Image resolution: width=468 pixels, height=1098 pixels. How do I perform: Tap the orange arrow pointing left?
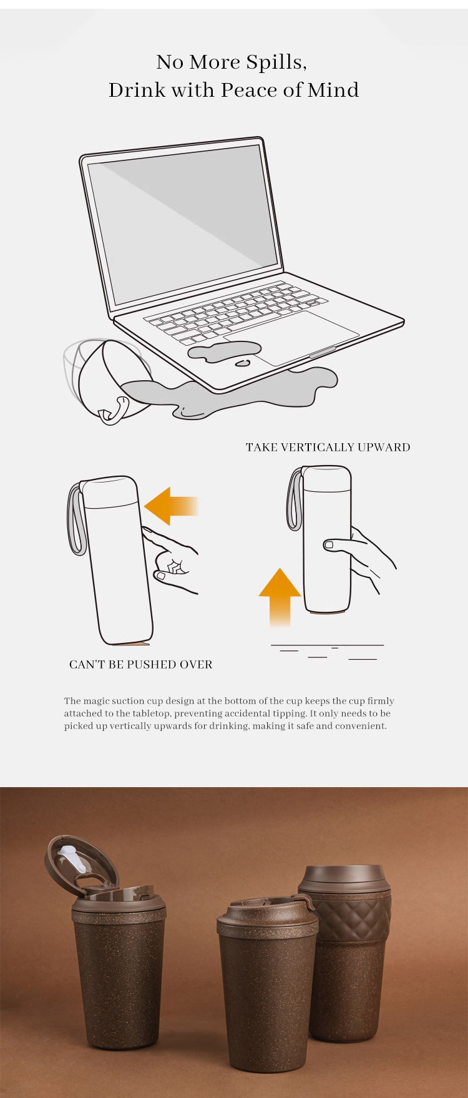coord(171,506)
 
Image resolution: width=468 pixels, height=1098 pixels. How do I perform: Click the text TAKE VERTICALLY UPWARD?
coord(328,447)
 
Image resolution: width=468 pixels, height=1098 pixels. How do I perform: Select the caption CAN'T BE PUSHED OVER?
coord(141,664)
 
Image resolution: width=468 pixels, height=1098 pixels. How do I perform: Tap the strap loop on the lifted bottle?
coord(295,499)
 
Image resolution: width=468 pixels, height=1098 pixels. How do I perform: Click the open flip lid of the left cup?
coord(81,865)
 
